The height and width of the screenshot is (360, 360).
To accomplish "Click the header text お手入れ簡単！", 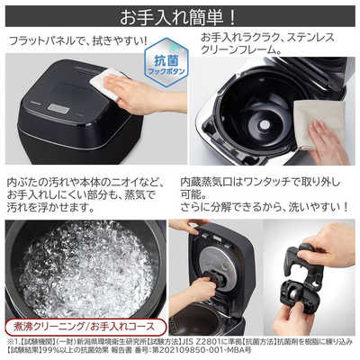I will point(179,15).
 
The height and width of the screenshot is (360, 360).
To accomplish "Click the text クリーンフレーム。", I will point(243,56).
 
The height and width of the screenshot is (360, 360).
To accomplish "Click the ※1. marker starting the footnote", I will point(13,341).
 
